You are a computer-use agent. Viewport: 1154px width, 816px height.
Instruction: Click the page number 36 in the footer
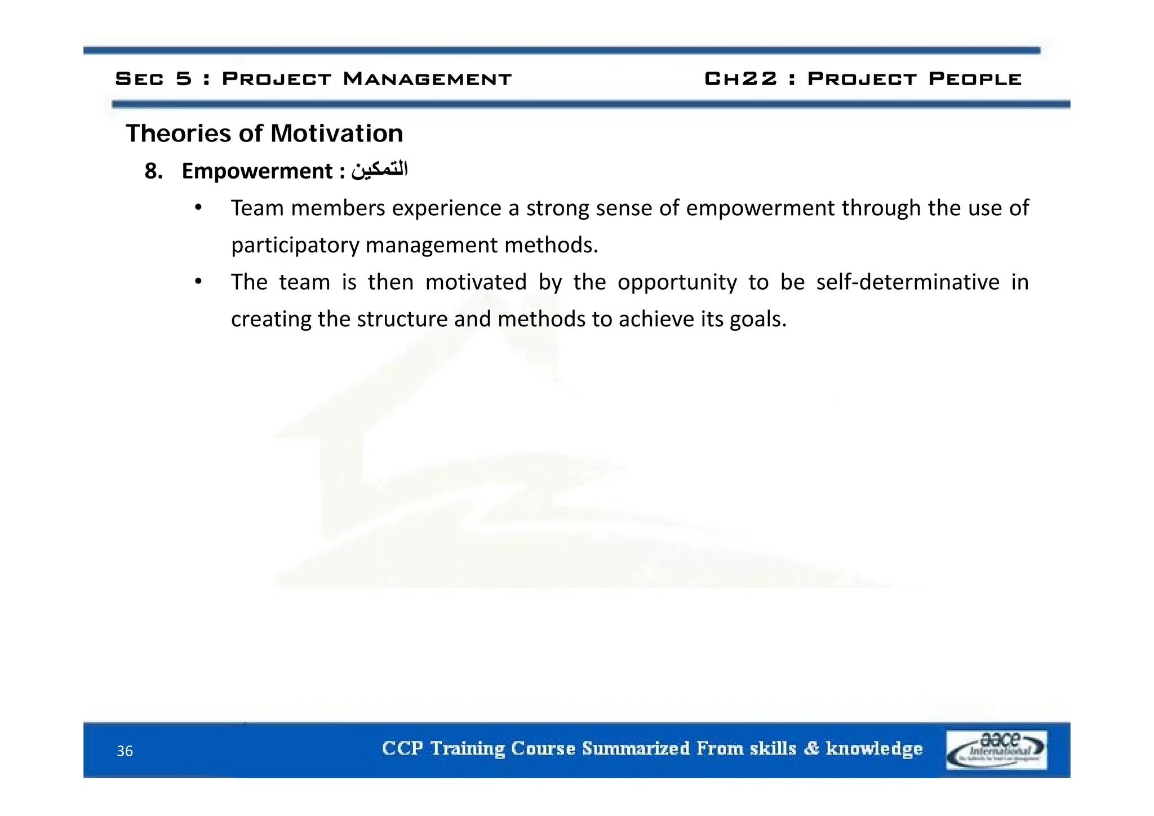pyautogui.click(x=125, y=751)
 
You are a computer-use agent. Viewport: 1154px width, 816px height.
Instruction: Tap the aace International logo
pyautogui.click(x=996, y=750)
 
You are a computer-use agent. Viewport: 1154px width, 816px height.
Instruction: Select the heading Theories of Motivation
pyautogui.click(x=264, y=134)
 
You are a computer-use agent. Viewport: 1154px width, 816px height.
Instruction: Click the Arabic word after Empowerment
pyautogui.click(x=379, y=170)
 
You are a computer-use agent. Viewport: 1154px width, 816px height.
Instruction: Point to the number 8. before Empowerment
pyautogui.click(x=153, y=171)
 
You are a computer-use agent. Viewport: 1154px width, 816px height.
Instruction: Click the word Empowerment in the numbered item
pyautogui.click(x=258, y=171)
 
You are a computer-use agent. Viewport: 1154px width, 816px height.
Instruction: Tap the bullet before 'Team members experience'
pyautogui.click(x=198, y=207)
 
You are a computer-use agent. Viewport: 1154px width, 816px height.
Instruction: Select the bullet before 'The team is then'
pyautogui.click(x=198, y=281)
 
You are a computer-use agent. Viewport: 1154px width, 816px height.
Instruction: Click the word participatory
pyautogui.click(x=295, y=245)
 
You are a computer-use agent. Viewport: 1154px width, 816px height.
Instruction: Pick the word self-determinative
pyautogui.click(x=908, y=282)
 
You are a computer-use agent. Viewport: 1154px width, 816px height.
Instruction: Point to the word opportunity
pyautogui.click(x=677, y=282)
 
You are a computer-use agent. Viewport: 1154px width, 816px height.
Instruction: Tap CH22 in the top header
pyautogui.click(x=740, y=79)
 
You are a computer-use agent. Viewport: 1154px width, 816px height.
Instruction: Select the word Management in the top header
pyautogui.click(x=427, y=79)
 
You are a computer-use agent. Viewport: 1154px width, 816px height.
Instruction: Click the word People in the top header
pyautogui.click(x=975, y=79)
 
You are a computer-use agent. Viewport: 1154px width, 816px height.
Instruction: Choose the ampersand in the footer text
pyautogui.click(x=811, y=748)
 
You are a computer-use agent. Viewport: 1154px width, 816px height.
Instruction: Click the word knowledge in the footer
pyautogui.click(x=874, y=748)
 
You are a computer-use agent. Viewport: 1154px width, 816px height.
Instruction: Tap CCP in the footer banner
pyautogui.click(x=402, y=748)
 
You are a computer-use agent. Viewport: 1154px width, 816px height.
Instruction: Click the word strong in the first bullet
pyautogui.click(x=558, y=209)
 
